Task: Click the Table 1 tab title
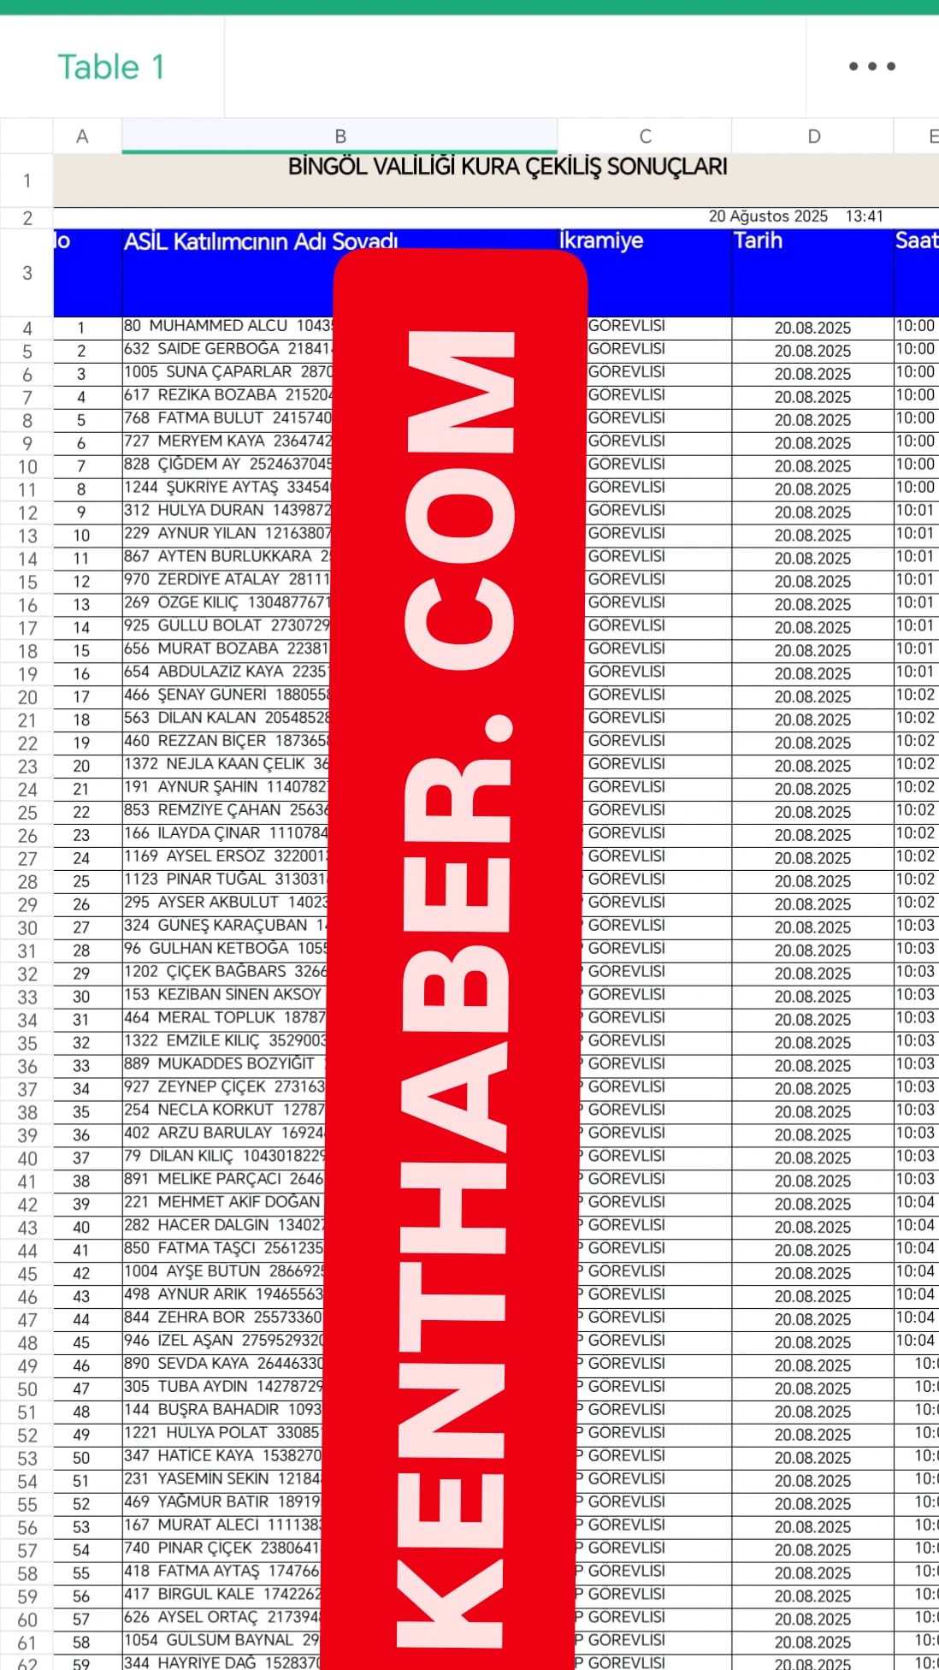110,67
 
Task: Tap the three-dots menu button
871,66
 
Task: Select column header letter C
645,136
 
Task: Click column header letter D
813,136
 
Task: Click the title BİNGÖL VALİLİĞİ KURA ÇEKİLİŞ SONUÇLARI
507,166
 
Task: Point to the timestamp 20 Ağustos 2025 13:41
795,216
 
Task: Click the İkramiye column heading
601,240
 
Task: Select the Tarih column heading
759,240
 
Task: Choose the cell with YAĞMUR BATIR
222,1501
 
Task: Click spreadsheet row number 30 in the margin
27,928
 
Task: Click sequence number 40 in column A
81,1227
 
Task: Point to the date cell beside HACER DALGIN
812,1227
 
